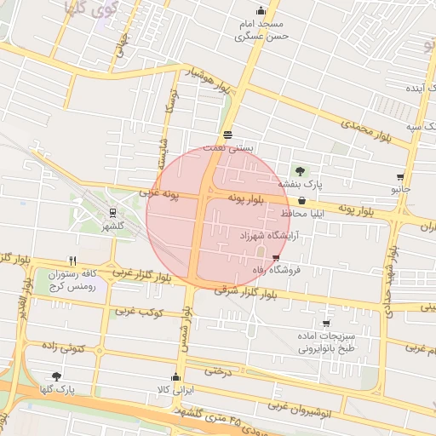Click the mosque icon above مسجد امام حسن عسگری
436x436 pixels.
point(261,11)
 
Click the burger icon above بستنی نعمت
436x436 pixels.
point(227,135)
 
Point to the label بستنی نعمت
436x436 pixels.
point(233,147)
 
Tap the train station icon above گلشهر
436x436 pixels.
point(112,213)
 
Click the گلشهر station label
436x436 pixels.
point(112,227)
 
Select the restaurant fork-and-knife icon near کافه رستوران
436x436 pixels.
point(73,261)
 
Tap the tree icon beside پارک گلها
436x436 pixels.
point(56,376)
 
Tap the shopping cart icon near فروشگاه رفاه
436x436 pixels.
point(275,257)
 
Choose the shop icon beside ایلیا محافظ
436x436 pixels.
point(325,200)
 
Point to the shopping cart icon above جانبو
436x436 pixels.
point(400,177)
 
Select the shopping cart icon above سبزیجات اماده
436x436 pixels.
point(326,323)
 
